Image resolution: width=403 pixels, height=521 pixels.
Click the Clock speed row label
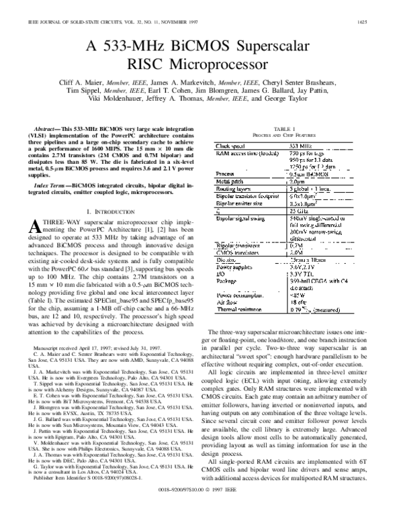pos(230,145)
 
